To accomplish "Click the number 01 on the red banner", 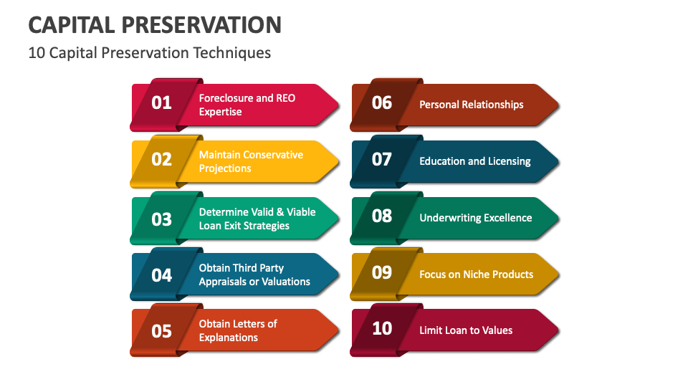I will click(x=162, y=102).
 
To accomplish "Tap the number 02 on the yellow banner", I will click(x=162, y=159).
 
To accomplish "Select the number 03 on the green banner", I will click(x=162, y=218).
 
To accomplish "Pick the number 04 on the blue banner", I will click(x=162, y=274).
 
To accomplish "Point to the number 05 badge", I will click(x=162, y=330).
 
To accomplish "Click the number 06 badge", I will click(x=382, y=102).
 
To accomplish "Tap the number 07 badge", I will click(x=382, y=159).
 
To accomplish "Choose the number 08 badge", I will click(x=382, y=216).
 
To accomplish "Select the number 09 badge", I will click(x=382, y=272).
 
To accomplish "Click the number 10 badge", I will click(x=382, y=328).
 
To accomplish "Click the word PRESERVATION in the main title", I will click(x=202, y=25).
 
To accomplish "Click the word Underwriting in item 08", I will click(x=450, y=218).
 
